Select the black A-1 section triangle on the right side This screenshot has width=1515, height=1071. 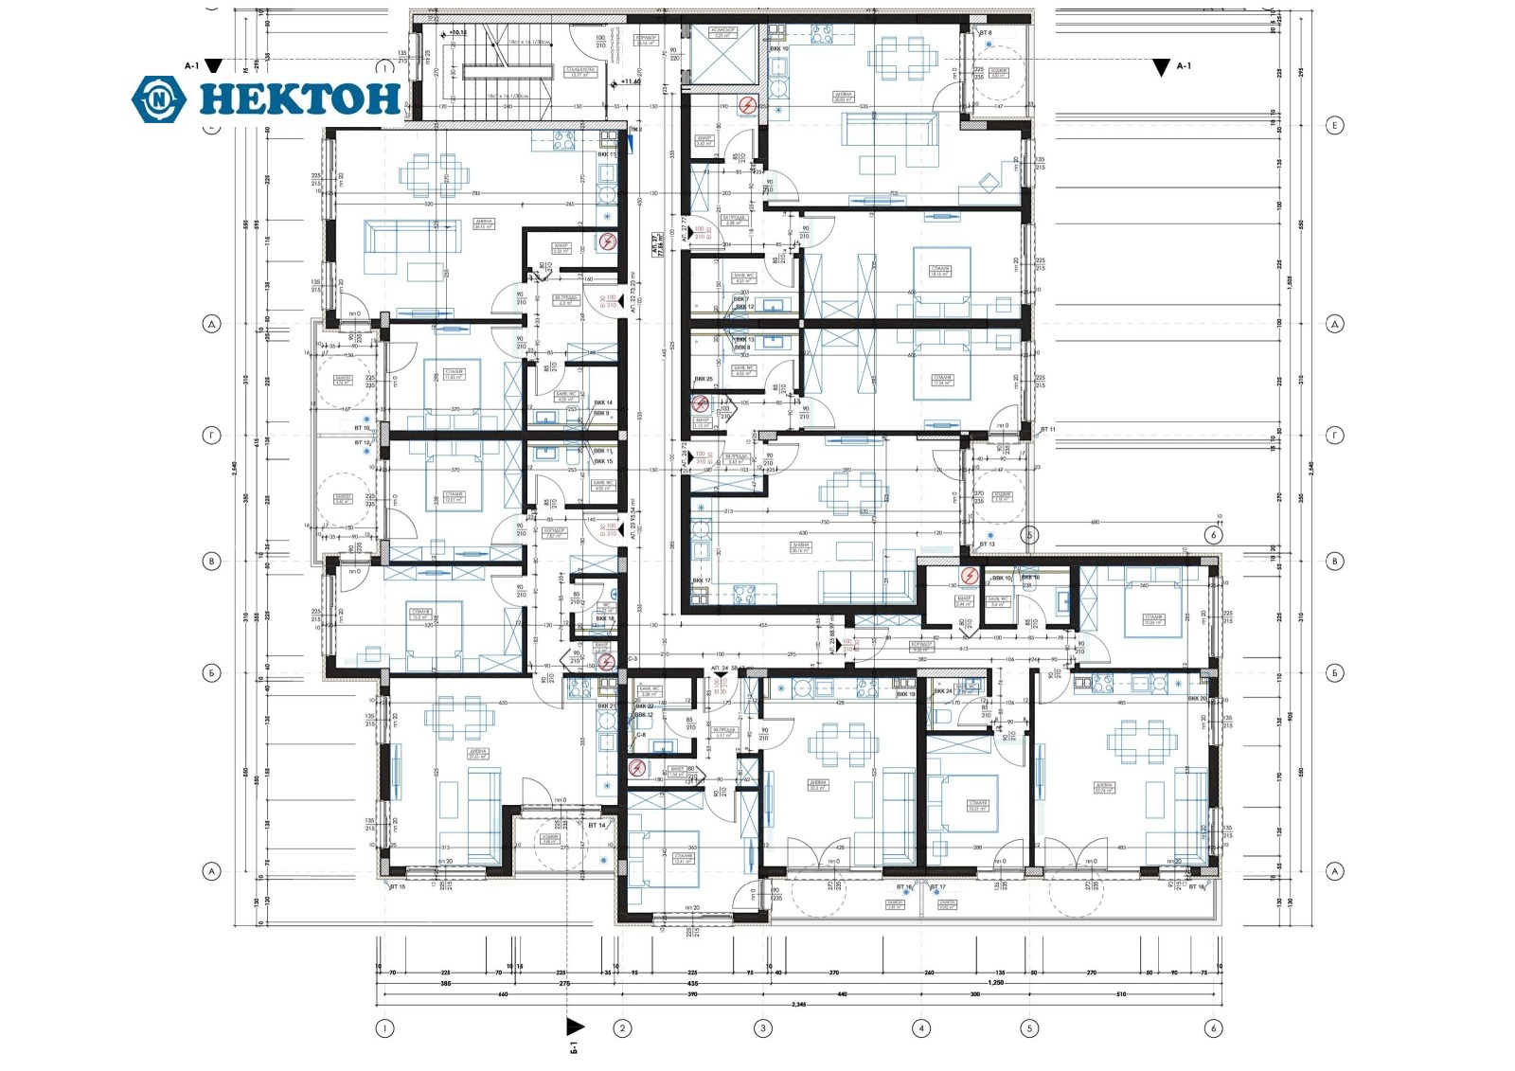tap(1161, 67)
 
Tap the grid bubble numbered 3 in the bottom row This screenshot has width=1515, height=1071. tap(762, 1027)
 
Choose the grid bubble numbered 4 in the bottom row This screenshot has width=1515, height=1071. tap(920, 1027)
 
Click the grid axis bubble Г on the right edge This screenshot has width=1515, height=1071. tap(1334, 436)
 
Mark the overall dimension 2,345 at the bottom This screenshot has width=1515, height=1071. tap(800, 1004)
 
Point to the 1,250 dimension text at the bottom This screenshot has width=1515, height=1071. tap(994, 983)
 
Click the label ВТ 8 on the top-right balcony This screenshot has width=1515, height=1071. tap(985, 33)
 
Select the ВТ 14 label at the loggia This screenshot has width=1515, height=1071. tap(597, 826)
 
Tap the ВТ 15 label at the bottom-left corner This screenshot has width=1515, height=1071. tap(398, 887)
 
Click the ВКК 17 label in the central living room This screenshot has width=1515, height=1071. tap(701, 580)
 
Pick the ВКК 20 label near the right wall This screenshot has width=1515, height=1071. tap(1196, 699)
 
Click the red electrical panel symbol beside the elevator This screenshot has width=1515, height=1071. tap(748, 105)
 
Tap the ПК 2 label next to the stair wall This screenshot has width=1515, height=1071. tap(634, 129)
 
